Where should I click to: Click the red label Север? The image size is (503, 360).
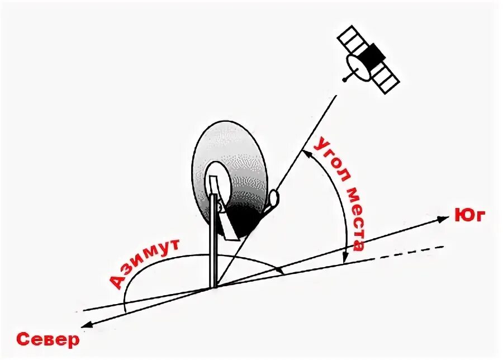(x=48, y=340)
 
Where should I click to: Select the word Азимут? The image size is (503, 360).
(x=144, y=262)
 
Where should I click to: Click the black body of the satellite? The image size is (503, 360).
(x=373, y=55)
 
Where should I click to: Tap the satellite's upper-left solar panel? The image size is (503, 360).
(x=351, y=38)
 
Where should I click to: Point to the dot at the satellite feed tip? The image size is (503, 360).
(x=345, y=80)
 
